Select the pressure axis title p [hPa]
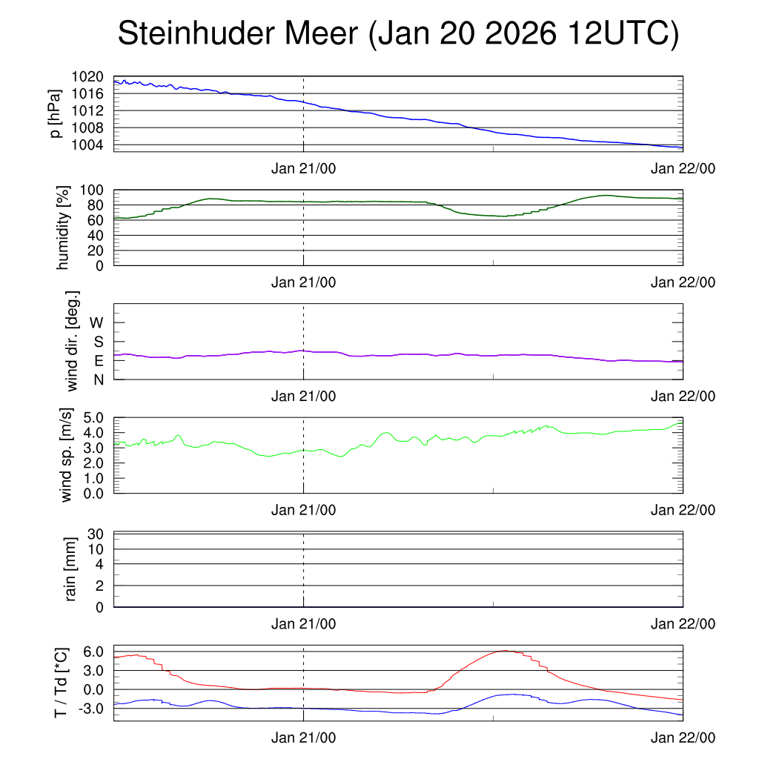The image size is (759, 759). pyautogui.click(x=56, y=113)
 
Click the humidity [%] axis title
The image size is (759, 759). pyautogui.click(x=64, y=228)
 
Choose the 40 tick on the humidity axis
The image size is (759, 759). pyautogui.click(x=97, y=235)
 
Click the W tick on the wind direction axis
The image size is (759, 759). pyautogui.click(x=97, y=322)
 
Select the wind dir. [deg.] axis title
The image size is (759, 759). pyautogui.click(x=73, y=342)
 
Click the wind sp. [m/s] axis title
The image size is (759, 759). pyautogui.click(x=67, y=455)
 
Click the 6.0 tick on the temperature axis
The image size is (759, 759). pyautogui.click(x=93, y=652)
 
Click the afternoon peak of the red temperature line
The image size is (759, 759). pyautogui.click(x=505, y=651)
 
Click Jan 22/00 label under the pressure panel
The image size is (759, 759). pyautogui.click(x=683, y=168)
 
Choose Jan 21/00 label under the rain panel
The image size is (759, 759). pyautogui.click(x=303, y=624)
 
